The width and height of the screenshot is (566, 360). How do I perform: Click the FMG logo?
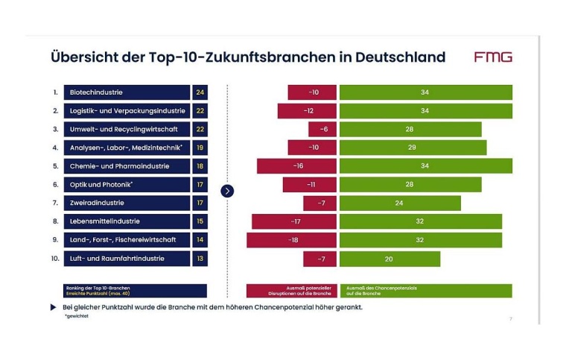(x=493, y=57)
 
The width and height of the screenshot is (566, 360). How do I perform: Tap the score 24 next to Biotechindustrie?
(x=200, y=92)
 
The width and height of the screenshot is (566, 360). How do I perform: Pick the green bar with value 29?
(x=413, y=148)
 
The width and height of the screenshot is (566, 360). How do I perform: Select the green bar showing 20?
(x=389, y=259)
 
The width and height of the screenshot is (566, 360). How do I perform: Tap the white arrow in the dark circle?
(x=228, y=191)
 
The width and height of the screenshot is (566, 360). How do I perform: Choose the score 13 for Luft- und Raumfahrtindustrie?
(x=200, y=259)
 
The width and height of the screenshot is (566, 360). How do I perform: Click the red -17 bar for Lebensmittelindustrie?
(x=294, y=221)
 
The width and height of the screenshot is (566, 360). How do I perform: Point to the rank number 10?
(x=55, y=259)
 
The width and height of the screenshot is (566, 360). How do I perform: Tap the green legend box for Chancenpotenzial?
(x=425, y=290)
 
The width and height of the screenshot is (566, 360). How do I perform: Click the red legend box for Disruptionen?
(x=291, y=290)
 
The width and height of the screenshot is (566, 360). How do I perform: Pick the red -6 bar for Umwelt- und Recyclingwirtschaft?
(x=318, y=129)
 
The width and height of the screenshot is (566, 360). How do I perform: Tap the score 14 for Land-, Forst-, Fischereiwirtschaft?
(x=200, y=240)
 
